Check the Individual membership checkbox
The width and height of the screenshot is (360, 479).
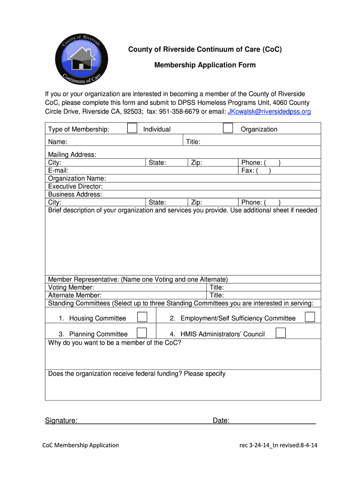132,128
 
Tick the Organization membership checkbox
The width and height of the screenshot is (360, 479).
228,128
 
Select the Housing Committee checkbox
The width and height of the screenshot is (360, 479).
142,317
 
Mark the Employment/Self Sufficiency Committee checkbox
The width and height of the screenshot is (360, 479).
310,317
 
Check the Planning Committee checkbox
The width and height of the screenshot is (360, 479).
142,333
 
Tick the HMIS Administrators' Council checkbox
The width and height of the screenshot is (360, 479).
281,333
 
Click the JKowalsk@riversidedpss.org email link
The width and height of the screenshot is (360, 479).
269,112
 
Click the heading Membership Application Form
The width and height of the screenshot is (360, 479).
205,65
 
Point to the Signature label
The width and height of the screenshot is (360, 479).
61,421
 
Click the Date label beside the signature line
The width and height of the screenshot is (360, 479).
221,421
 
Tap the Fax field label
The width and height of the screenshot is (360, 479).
248,171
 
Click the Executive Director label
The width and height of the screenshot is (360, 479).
75,186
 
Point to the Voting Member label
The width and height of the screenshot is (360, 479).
71,287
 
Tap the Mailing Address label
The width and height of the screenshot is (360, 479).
72,154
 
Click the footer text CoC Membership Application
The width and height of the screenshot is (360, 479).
82,445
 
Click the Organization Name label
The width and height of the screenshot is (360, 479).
77,178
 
